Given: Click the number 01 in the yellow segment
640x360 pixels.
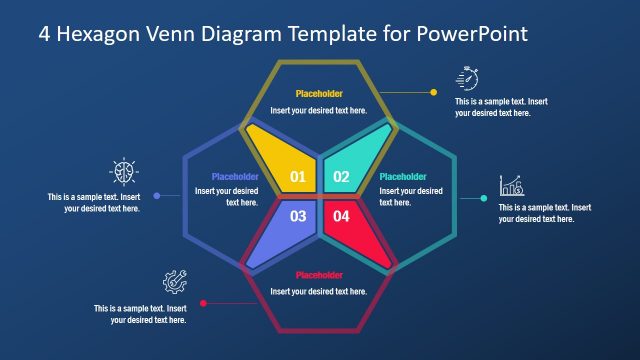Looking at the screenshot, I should [298, 178].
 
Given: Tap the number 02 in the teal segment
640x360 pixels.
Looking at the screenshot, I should [341, 178].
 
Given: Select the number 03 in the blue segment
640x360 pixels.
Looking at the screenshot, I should [298, 216].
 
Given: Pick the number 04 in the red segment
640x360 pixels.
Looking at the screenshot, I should [341, 216].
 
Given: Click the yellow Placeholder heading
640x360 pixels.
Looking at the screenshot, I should [319, 94].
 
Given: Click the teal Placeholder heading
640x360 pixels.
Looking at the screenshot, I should [403, 177].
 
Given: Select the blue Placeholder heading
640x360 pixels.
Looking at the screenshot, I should [235, 177].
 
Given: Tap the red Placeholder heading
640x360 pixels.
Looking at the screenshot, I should [319, 275].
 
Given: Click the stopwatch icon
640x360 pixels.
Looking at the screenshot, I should [468, 78].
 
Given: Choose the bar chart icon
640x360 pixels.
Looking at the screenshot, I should [511, 185].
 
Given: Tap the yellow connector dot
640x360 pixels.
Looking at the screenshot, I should [433, 92].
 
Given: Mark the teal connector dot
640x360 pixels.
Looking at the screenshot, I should [484, 198].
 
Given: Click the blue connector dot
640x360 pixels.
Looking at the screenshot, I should [155, 196].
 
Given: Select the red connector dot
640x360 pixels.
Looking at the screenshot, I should [203, 303].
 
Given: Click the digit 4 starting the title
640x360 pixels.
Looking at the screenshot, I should [45, 33].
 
